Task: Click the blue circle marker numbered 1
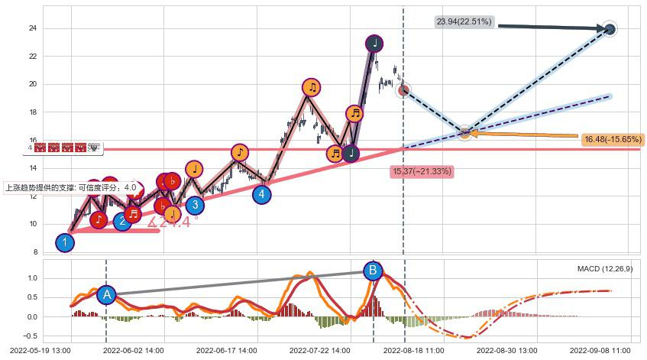[65, 243]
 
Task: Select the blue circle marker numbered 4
[262, 194]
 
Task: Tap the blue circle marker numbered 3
[195, 205]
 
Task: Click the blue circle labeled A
[106, 294]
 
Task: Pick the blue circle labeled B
[373, 270]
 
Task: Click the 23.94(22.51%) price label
[464, 22]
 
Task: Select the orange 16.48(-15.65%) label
[612, 140]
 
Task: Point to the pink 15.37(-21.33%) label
[422, 171]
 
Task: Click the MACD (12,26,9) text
[605, 269]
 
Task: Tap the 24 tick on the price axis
[33, 28]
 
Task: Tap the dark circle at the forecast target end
[610, 30]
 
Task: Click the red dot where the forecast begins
[404, 90]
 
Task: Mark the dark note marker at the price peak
[374, 43]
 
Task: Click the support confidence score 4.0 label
[72, 187]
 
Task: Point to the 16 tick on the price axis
[33, 141]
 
